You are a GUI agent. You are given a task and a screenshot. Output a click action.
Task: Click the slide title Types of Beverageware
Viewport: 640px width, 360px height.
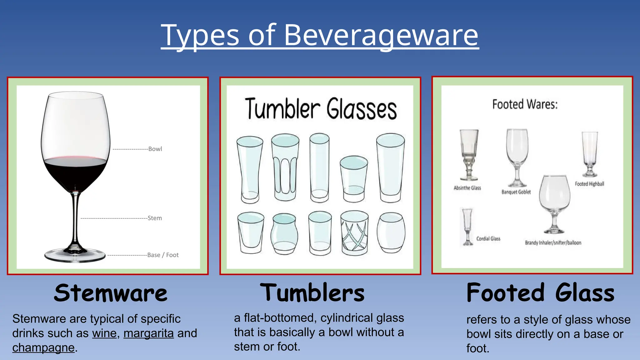click(319, 35)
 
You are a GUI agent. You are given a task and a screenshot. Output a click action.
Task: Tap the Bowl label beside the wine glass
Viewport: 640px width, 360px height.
click(155, 149)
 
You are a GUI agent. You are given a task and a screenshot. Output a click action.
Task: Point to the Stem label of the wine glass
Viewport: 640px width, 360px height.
click(155, 218)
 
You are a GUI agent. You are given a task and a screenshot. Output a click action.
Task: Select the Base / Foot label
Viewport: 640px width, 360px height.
click(163, 255)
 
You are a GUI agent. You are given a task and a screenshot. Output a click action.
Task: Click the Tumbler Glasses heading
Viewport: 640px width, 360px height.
click(321, 109)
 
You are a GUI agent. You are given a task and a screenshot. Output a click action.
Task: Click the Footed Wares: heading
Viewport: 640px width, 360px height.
click(525, 104)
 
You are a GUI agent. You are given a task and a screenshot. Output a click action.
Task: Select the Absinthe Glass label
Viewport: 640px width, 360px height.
click(467, 188)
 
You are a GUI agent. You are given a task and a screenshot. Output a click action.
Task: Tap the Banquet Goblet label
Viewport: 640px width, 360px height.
click(516, 192)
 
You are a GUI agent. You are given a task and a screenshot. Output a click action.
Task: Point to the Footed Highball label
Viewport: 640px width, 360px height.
click(589, 184)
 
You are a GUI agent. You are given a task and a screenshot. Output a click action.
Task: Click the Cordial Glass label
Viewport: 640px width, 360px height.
click(488, 239)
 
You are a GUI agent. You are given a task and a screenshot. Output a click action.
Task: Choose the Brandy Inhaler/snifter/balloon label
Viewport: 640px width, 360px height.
click(553, 243)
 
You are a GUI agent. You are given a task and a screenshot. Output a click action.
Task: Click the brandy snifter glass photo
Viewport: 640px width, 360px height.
click(554, 203)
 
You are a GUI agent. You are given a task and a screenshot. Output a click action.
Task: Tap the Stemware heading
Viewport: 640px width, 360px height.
click(111, 293)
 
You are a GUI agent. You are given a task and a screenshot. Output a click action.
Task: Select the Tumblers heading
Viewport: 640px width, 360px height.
click(312, 293)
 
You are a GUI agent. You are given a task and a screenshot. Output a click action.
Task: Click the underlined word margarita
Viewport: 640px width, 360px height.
click(148, 333)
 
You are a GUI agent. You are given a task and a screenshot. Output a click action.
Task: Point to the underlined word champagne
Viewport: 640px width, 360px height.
click(43, 348)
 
